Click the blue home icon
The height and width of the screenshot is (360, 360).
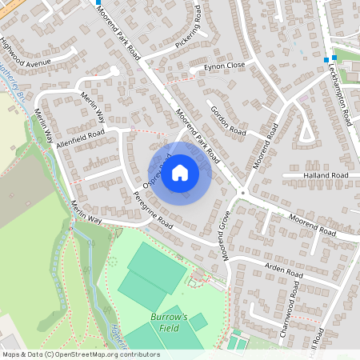point(180,172)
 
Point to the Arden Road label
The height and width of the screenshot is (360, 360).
point(284,270)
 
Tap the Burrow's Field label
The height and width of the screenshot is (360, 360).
point(169,322)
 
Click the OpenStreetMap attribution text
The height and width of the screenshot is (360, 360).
point(81,354)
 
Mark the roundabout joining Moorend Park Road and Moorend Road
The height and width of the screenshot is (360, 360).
point(242,192)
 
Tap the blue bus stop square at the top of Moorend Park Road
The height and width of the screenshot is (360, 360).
point(98,3)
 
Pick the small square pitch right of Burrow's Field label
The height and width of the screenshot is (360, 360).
point(198,322)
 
